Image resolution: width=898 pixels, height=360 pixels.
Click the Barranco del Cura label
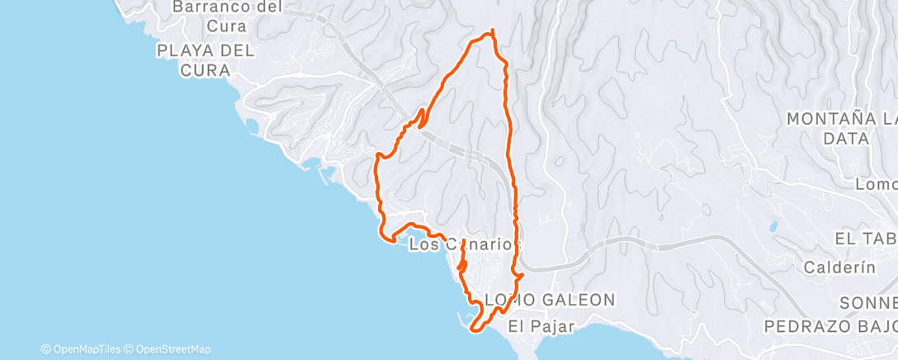point(227,16)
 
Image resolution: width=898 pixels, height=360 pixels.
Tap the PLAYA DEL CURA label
point(206,60)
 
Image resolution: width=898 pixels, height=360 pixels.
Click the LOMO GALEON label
point(550,299)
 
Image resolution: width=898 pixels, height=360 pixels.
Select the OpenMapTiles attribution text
point(83,349)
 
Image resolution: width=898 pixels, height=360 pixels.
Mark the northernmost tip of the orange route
point(492,31)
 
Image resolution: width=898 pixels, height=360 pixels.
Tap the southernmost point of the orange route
point(475,331)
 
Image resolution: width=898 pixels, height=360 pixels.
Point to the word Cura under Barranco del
point(227,26)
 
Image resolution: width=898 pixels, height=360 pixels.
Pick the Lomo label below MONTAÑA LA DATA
point(877,183)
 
